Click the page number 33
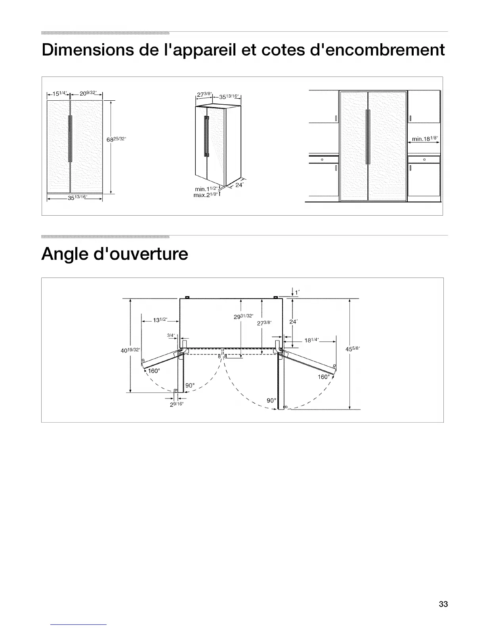(443, 604)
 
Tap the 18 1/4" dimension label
(313, 340)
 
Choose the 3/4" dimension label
(171, 335)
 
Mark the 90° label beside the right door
(271, 400)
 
